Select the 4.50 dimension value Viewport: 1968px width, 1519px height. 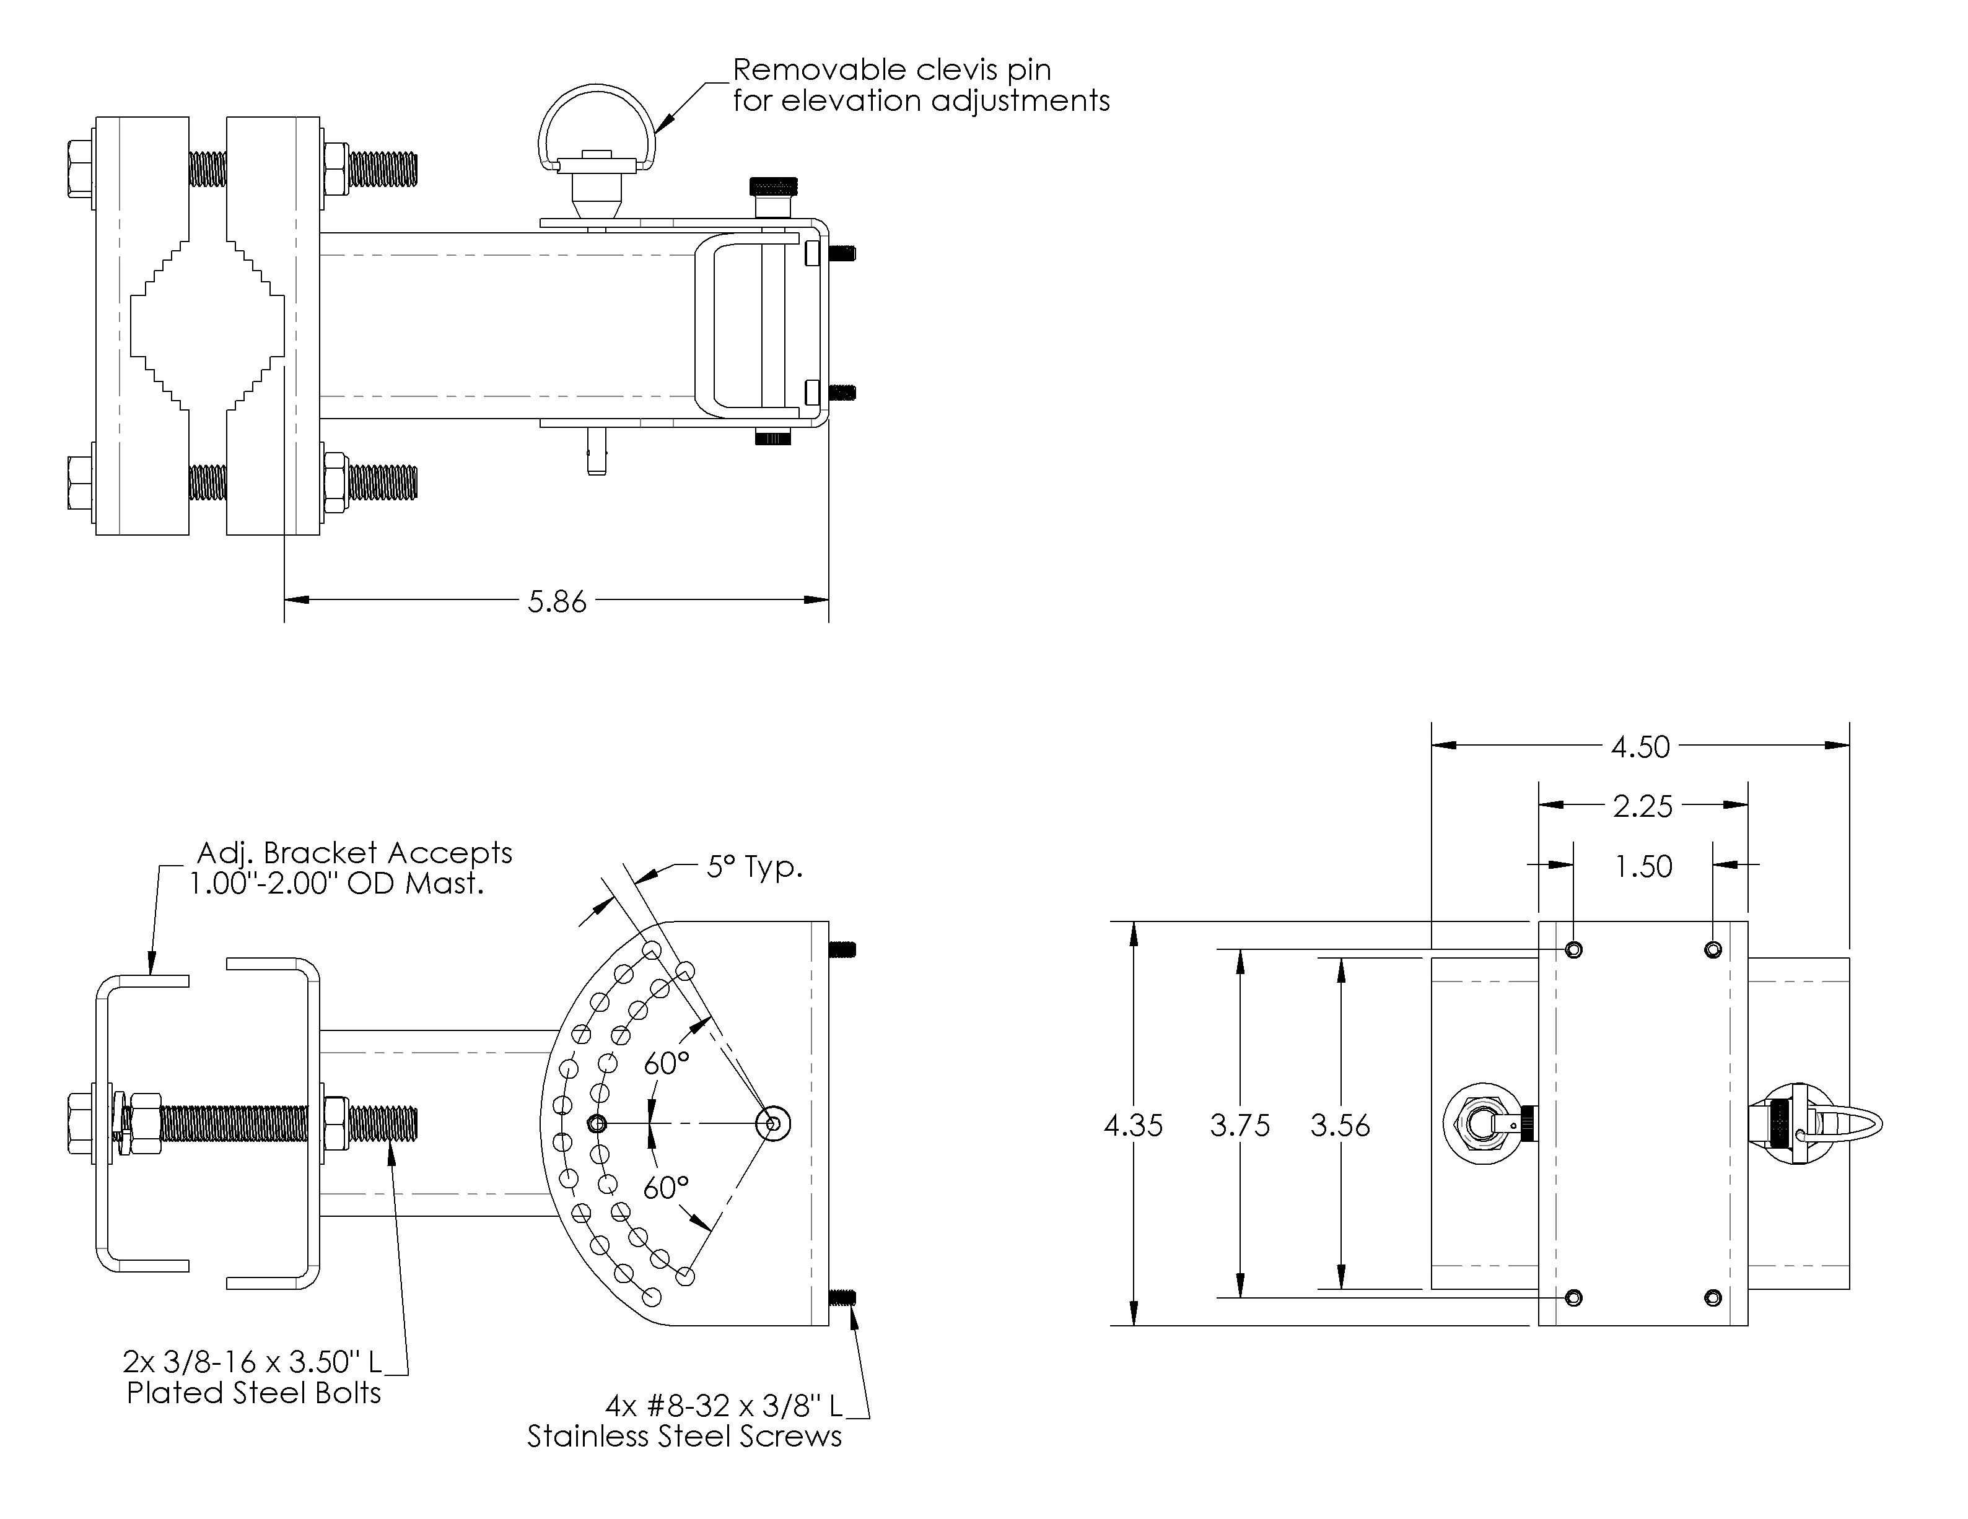(x=1640, y=747)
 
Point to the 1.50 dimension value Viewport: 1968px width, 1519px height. (x=1643, y=867)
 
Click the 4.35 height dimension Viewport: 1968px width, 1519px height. (x=1133, y=1125)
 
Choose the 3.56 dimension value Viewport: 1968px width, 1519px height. (x=1340, y=1125)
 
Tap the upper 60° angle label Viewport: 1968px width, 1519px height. (x=667, y=1063)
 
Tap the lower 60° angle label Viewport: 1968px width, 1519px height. (x=667, y=1188)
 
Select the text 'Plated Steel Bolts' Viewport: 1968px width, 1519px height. (x=253, y=1393)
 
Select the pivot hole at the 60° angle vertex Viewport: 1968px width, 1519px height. (x=773, y=1123)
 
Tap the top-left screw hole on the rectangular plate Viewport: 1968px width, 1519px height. (x=1573, y=949)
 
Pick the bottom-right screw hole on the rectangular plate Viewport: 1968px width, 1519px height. (x=1713, y=1297)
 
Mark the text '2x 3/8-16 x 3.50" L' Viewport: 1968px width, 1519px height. (x=252, y=1360)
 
